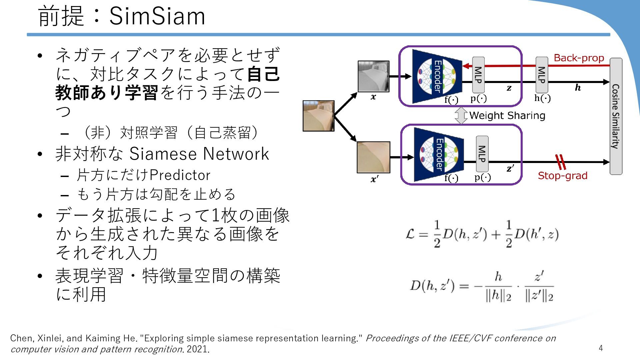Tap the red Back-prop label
[579, 58]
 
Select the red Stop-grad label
[562, 176]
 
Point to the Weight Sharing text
[507, 116]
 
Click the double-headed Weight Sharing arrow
[461, 116]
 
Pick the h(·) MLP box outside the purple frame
[542, 75]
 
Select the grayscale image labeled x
[373, 76]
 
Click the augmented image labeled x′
[373, 157]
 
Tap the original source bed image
[318, 116]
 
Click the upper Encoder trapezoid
[437, 76]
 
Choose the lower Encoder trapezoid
[439, 155]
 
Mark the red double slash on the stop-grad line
[561, 162]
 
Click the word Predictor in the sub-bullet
[180, 175]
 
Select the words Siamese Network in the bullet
[199, 154]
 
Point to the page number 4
[601, 348]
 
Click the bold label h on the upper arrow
[578, 88]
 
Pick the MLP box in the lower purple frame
[482, 154]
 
